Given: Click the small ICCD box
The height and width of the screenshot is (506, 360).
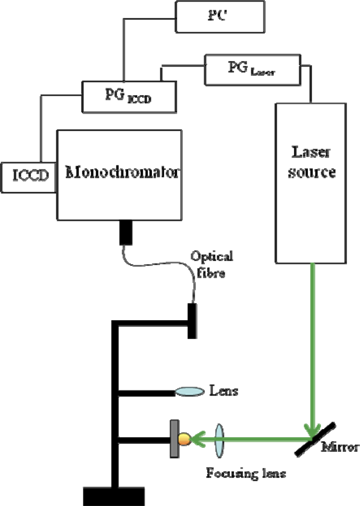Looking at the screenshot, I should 28,177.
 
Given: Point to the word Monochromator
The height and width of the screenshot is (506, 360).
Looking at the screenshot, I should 122,173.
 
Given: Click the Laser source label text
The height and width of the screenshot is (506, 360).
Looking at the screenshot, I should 311,161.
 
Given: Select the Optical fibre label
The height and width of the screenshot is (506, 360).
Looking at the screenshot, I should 212,264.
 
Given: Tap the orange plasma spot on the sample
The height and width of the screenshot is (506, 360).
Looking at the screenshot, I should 183,439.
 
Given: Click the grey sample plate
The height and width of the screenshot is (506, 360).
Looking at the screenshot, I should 173,438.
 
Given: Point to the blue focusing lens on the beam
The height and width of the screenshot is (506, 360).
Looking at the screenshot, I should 219,437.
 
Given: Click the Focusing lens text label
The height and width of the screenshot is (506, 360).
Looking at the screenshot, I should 246,474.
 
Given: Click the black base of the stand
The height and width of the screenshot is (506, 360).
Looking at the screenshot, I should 114,496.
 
